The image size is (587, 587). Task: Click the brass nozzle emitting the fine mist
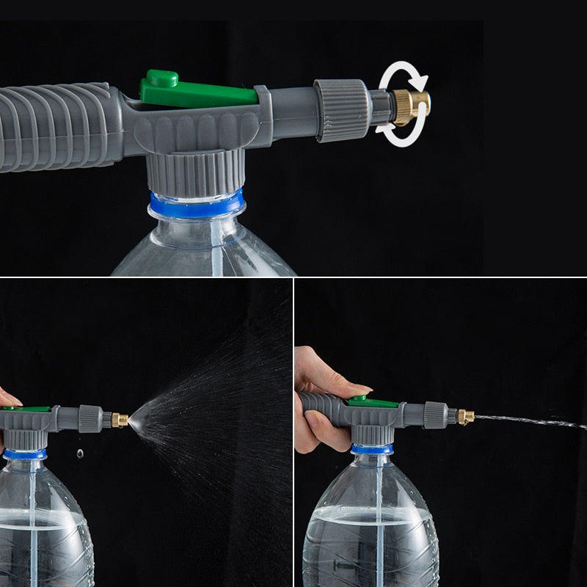tap(119, 420)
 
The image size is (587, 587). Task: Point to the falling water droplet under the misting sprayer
tap(79, 455)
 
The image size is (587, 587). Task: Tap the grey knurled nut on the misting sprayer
tap(90, 418)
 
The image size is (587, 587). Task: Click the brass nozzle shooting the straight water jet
tap(465, 417)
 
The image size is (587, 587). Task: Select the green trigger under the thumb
tap(373, 402)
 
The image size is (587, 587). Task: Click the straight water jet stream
tap(528, 421)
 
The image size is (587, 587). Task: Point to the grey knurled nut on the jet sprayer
tap(435, 415)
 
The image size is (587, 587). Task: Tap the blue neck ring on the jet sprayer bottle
tap(371, 449)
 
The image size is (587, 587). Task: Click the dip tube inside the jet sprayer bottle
tap(379, 514)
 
